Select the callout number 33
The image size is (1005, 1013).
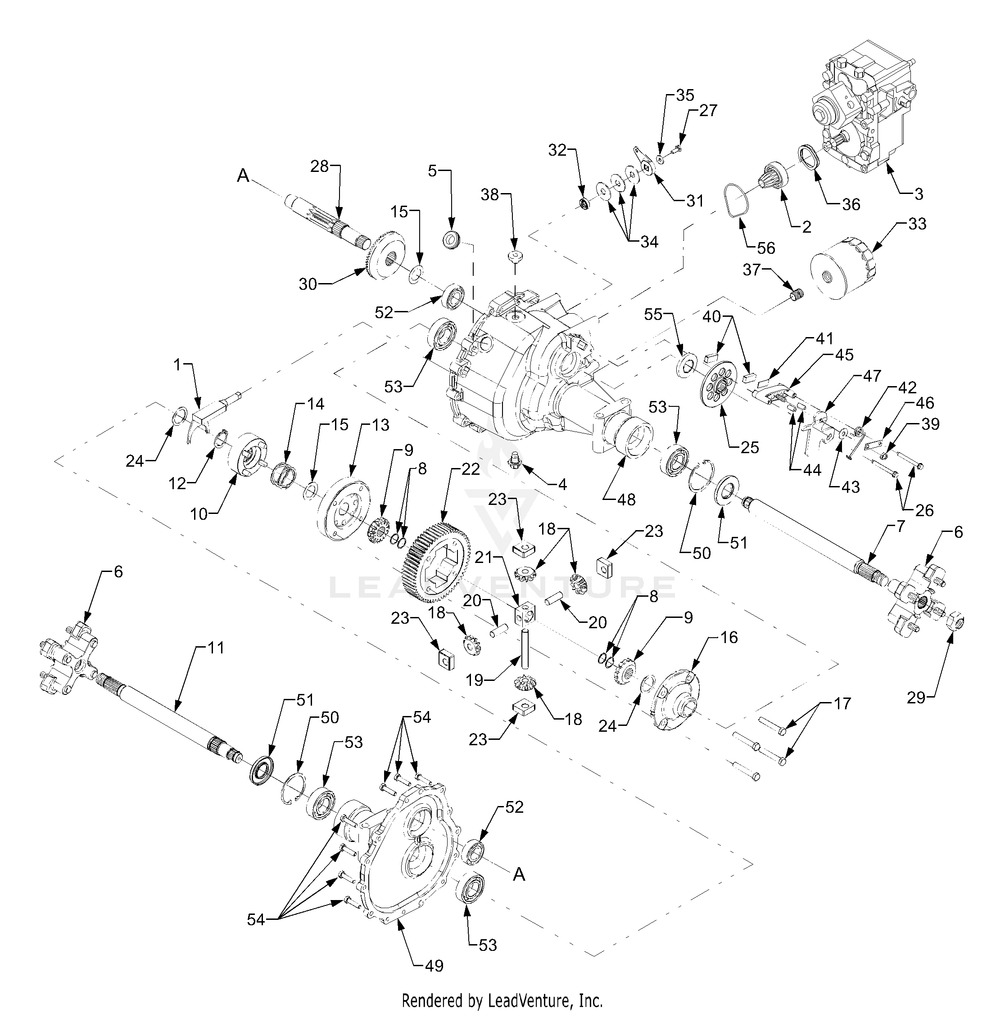tap(917, 224)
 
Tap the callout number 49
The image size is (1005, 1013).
tap(435, 965)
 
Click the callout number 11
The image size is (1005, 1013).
tap(216, 648)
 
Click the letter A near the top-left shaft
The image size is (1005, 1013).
tap(243, 176)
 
